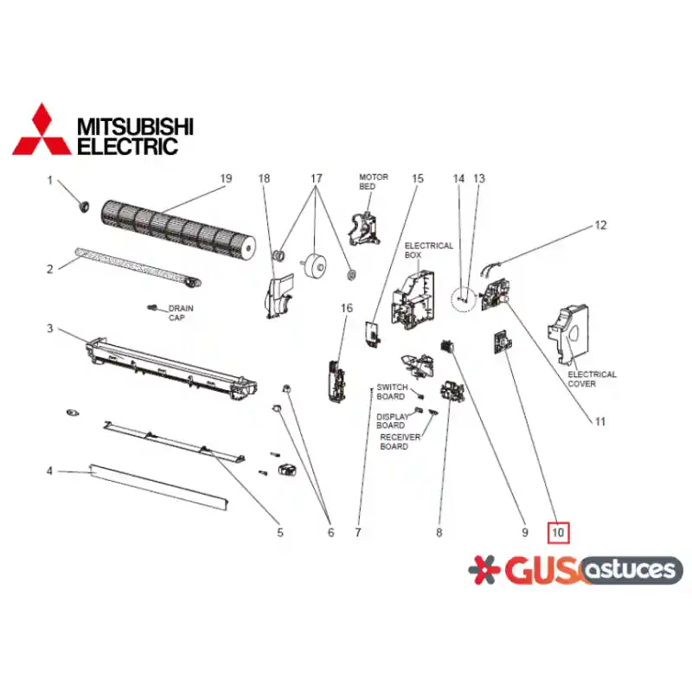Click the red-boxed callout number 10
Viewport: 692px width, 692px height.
click(558, 532)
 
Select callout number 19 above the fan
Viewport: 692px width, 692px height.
click(226, 178)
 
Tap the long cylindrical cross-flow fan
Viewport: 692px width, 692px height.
click(178, 229)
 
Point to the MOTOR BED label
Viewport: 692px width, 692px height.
click(374, 182)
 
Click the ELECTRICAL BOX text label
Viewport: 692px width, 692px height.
click(428, 250)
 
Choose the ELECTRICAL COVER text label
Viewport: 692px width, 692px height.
click(592, 379)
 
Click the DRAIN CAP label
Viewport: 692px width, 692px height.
click(181, 313)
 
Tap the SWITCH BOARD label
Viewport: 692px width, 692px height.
click(392, 392)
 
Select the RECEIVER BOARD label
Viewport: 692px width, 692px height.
click(400, 442)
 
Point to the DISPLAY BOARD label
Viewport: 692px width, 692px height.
click(393, 421)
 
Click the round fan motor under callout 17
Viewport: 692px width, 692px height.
click(314, 265)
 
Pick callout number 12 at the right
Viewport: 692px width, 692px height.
click(600, 225)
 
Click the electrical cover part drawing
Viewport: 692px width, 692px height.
click(568, 335)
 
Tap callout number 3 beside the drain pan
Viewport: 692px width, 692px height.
click(50, 329)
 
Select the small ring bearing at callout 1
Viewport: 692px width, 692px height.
click(83, 206)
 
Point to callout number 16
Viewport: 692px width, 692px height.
click(347, 308)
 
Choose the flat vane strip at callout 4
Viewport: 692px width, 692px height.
click(159, 487)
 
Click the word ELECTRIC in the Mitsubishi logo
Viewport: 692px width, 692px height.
click(127, 146)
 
